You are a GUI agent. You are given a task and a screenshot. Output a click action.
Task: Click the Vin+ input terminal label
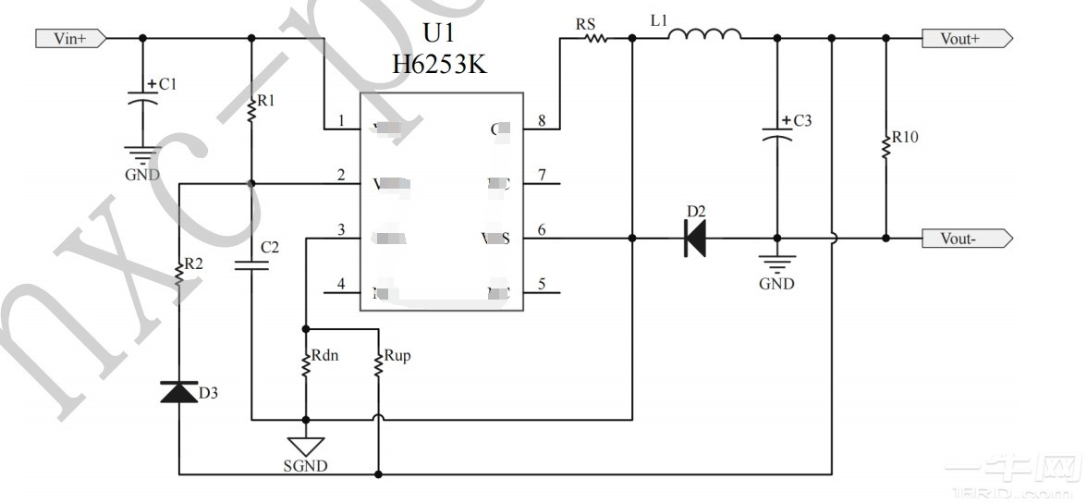(x=70, y=39)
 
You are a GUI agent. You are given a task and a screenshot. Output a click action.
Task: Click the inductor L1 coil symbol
(x=704, y=36)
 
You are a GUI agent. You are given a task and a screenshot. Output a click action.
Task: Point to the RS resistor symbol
(x=594, y=39)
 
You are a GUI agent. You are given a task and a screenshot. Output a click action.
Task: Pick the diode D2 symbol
(x=694, y=239)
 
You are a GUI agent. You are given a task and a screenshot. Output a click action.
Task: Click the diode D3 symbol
(x=178, y=392)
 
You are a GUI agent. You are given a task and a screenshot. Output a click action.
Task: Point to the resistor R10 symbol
(x=885, y=144)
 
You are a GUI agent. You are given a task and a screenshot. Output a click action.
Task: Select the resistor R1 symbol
(x=251, y=111)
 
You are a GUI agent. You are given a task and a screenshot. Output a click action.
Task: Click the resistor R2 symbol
(x=178, y=273)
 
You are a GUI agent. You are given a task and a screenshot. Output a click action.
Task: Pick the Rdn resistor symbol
(x=304, y=363)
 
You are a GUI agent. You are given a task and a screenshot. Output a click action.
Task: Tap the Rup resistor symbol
(x=378, y=363)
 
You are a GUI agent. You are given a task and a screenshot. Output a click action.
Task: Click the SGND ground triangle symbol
(x=304, y=446)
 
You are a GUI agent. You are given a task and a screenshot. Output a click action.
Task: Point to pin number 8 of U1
(x=542, y=121)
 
